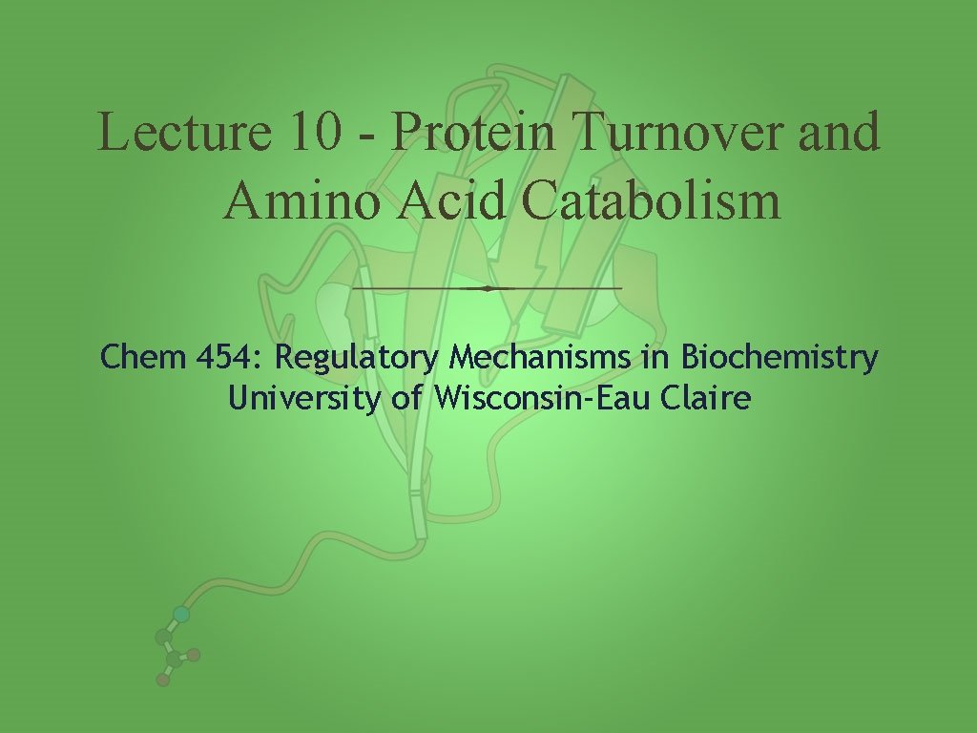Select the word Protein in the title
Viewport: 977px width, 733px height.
coord(473,133)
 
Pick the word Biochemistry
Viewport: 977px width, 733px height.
coord(779,360)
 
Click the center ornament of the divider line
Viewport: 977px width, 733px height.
coord(488,287)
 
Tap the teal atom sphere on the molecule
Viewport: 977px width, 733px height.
coord(181,615)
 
